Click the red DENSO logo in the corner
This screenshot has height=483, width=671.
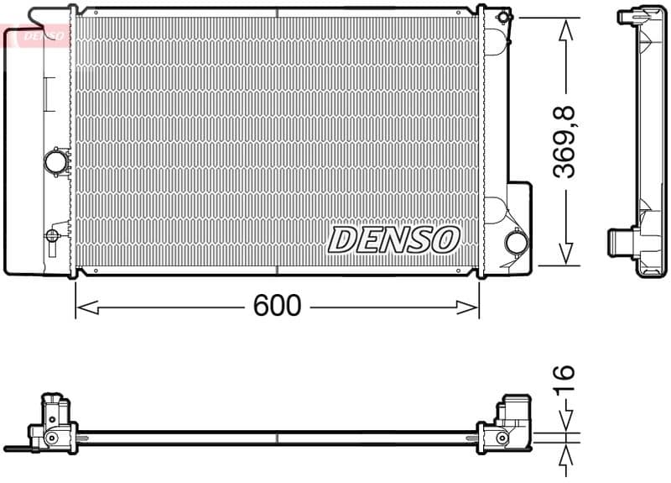[35, 35]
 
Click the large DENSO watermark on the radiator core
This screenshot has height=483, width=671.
[394, 239]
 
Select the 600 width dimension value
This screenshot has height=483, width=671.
[276, 307]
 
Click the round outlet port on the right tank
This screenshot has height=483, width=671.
[516, 244]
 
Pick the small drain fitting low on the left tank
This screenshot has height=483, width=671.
[54, 234]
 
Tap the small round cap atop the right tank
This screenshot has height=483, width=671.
[502, 17]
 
